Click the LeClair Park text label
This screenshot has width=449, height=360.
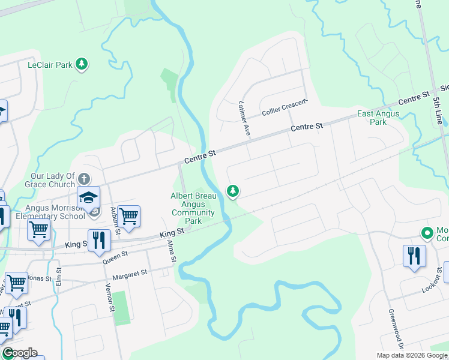point(50,65)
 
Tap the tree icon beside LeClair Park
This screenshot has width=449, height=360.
point(82,65)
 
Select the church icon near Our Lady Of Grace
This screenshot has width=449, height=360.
point(84,179)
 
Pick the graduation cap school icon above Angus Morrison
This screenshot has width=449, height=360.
point(88,197)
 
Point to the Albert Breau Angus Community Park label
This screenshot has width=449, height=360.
point(193,208)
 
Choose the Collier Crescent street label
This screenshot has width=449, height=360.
point(285,108)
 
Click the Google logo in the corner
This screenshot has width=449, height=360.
point(19,353)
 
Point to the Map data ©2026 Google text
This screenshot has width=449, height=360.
point(412,355)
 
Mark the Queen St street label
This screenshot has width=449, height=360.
point(116,256)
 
